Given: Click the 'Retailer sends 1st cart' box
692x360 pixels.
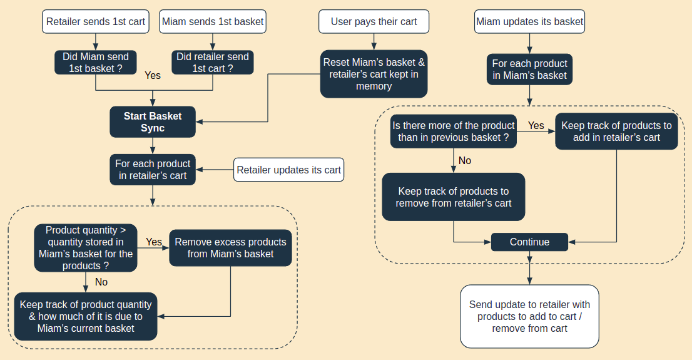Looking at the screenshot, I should (x=96, y=21).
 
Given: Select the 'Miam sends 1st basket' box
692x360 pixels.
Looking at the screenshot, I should (x=213, y=21).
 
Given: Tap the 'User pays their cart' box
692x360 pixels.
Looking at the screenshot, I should (x=374, y=21).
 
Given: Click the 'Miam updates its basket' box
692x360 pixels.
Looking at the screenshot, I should (x=530, y=21).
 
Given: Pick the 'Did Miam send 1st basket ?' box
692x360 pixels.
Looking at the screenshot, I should (x=96, y=63).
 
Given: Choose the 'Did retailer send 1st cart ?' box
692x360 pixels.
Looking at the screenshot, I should (x=213, y=63).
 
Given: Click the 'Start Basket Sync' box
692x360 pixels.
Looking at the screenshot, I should (x=153, y=122).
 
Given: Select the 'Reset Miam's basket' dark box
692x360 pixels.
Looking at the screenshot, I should (x=374, y=74).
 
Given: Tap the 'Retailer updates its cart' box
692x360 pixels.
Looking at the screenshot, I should (x=289, y=170).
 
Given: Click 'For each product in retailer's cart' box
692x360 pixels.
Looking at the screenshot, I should (x=153, y=170).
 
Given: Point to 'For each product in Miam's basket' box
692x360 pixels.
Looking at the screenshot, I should (x=529, y=69).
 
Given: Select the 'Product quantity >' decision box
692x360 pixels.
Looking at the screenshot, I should (x=86, y=248).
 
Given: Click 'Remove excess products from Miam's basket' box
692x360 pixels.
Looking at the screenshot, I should (x=230, y=248).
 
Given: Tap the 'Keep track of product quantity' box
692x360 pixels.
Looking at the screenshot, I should (x=86, y=316).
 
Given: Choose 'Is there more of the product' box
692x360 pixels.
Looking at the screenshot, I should (x=454, y=131).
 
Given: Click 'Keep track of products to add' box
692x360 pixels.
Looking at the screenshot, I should (x=616, y=131).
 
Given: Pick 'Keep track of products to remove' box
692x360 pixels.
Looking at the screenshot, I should (x=454, y=197).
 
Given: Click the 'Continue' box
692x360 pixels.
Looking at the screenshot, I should (x=529, y=242).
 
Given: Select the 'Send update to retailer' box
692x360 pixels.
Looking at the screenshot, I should (x=529, y=316).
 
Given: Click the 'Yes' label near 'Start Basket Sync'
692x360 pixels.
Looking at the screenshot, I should (x=153, y=76).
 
